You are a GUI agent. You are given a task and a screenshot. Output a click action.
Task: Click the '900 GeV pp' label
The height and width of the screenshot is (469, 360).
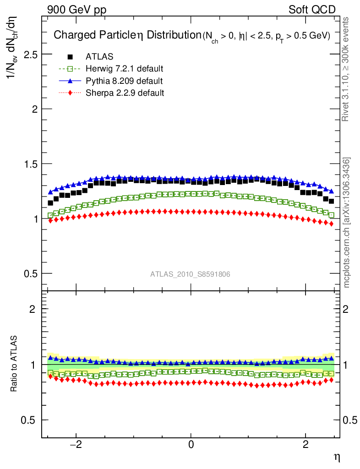76,10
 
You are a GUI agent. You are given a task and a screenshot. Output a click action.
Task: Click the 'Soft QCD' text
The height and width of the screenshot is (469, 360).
312,10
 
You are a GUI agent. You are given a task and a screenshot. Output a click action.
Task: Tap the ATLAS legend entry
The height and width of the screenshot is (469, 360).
99,57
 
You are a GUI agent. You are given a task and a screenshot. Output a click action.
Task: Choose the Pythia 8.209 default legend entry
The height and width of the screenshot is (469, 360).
124,81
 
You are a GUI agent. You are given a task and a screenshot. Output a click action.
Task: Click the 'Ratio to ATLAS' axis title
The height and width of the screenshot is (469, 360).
15,364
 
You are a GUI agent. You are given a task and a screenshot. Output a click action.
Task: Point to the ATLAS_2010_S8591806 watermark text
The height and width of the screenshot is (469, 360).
190,274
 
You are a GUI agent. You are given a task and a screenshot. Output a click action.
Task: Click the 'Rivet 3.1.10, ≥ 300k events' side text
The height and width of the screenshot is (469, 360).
346,69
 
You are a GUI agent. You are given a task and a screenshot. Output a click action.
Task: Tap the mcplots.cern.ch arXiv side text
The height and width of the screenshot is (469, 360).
346,223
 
